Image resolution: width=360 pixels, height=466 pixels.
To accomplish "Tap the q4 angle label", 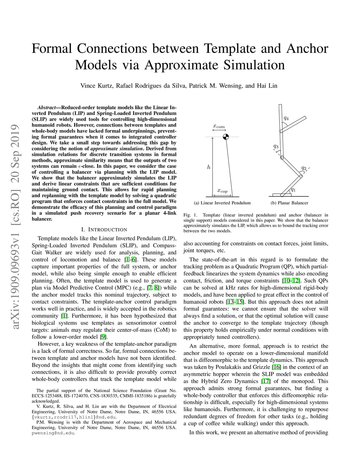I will [x=286, y=118].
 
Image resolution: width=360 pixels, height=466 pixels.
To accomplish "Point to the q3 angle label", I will [x=276, y=146].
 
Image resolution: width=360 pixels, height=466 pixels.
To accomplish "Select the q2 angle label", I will [x=304, y=168].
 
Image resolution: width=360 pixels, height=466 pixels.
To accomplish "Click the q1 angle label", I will [x=293, y=190].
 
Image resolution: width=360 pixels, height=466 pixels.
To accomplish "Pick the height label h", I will [x=208, y=167].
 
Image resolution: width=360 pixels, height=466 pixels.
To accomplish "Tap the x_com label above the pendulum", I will [x=219, y=126].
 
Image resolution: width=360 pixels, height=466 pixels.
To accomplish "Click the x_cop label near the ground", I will [x=222, y=191].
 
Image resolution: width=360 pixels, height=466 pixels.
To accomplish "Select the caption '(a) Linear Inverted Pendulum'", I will [x=222, y=203].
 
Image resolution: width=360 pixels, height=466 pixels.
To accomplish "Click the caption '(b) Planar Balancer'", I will [x=289, y=203].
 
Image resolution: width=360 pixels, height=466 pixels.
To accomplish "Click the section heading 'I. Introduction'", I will [x=104, y=230].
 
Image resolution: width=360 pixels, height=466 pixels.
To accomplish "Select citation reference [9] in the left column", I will [x=103, y=337].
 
